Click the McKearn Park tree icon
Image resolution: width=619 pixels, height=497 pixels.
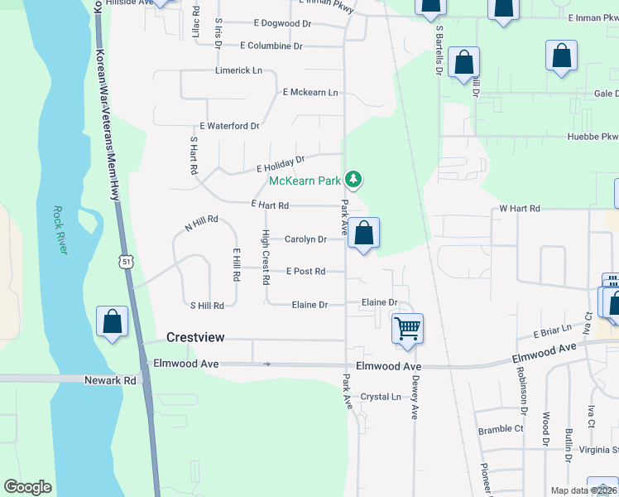click(x=353, y=179)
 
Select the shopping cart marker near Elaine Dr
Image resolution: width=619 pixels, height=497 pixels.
click(x=407, y=329)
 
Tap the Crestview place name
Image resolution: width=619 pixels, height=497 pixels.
click(x=196, y=337)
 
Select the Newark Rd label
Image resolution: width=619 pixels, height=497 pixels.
click(x=110, y=380)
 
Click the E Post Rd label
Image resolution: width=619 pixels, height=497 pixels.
click(x=305, y=271)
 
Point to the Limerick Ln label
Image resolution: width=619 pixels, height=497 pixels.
click(x=238, y=70)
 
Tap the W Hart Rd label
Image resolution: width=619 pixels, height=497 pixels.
click(x=520, y=209)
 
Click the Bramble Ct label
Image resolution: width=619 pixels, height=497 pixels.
click(x=501, y=430)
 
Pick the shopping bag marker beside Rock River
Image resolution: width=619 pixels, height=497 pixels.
click(x=113, y=321)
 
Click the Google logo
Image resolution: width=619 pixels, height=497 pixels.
click(x=27, y=487)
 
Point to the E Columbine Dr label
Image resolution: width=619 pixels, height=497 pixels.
click(x=276, y=46)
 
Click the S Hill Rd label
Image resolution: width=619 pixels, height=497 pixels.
click(x=207, y=306)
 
